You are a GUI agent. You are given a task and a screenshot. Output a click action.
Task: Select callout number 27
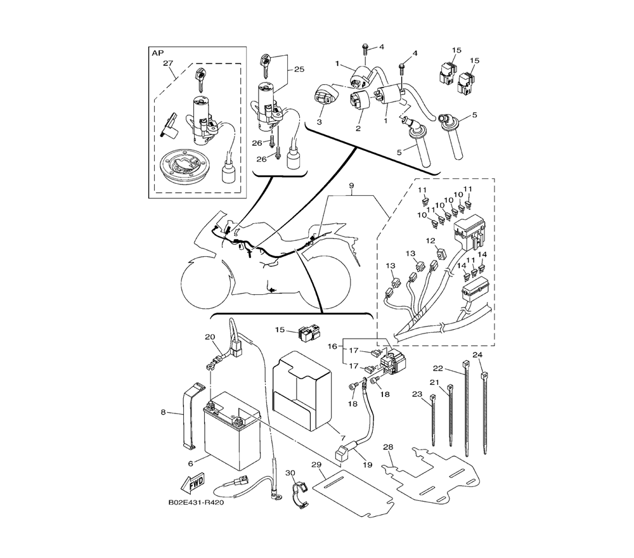(168, 63)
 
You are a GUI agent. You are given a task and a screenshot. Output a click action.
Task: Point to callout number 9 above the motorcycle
(351, 186)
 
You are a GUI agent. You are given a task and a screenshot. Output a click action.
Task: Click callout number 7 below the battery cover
(342, 438)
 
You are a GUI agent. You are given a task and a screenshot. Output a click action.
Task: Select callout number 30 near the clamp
(290, 472)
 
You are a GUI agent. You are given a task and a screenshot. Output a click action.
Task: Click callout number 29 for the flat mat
(316, 465)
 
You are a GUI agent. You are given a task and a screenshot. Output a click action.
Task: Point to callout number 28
(388, 447)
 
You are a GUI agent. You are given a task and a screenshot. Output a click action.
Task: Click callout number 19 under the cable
(367, 465)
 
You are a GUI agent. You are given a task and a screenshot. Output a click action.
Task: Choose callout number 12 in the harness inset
(430, 241)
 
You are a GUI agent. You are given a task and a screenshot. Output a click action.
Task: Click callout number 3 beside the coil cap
(319, 122)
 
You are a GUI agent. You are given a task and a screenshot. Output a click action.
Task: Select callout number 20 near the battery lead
(210, 337)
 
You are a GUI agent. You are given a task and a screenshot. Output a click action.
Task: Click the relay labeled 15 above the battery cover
(307, 333)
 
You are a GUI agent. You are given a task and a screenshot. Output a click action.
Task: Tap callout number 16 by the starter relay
(332, 346)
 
